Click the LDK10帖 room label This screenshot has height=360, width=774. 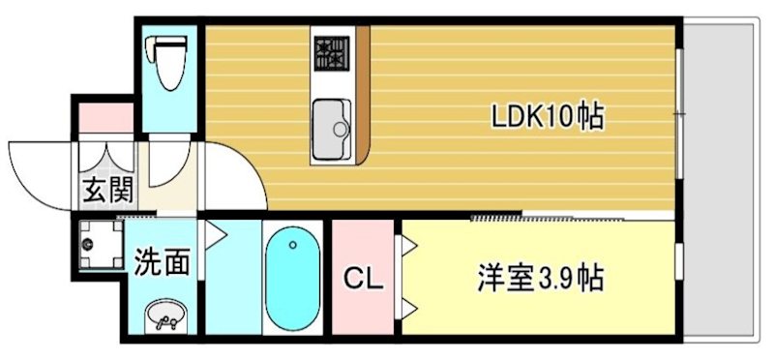548,118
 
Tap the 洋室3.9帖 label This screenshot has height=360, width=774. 540,280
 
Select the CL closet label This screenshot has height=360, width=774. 365,280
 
